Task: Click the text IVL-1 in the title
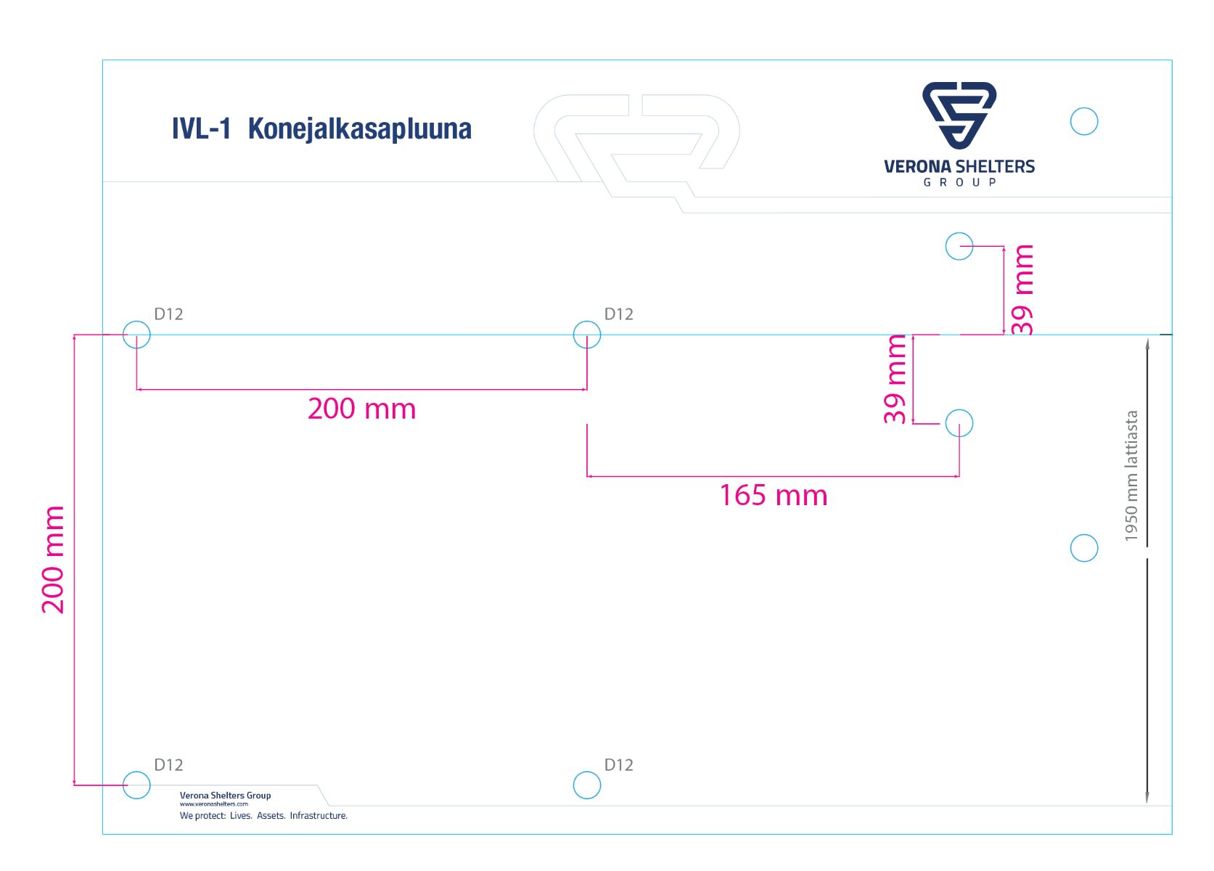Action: pos(201,129)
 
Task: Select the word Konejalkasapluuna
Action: pos(359,129)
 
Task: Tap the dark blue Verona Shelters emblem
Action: pos(959,115)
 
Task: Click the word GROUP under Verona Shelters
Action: pos(959,182)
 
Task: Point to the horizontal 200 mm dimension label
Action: pos(361,409)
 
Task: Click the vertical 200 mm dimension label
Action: pos(53,560)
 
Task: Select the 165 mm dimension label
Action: pos(773,496)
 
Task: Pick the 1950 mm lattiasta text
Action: pos(1131,476)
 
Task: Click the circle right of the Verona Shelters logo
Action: pos(1084,121)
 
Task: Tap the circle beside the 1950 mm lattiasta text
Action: pos(1084,548)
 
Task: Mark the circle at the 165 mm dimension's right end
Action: pos(959,423)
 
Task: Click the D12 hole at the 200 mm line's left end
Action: pos(136,335)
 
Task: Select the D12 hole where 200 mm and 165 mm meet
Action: pos(587,335)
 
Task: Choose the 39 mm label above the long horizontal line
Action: pos(1022,289)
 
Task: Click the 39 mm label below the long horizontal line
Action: pos(896,379)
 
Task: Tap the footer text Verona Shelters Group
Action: pos(225,796)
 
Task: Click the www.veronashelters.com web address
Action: pos(214,804)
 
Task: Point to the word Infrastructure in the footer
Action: pos(319,816)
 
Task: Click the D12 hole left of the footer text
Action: pos(136,785)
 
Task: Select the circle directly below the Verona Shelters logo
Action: pos(959,246)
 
